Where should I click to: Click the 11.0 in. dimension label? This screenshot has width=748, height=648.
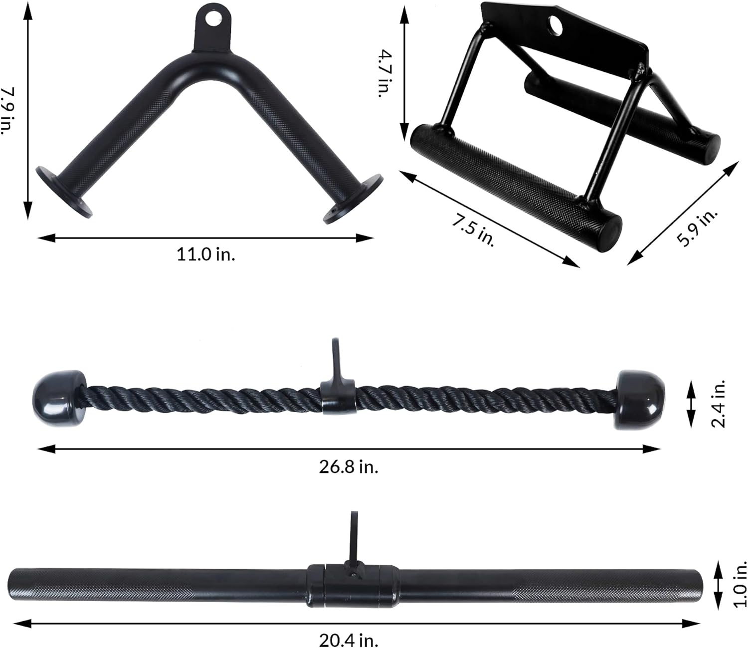(x=205, y=254)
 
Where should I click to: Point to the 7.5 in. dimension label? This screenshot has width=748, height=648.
(x=473, y=229)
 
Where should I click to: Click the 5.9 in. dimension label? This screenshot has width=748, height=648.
(x=697, y=228)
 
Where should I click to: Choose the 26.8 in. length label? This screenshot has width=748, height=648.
(x=349, y=467)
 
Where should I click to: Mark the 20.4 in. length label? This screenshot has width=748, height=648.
(x=349, y=640)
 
